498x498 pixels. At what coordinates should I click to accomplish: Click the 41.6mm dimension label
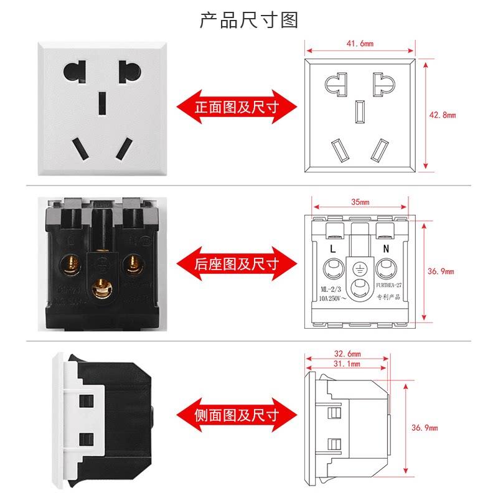359,44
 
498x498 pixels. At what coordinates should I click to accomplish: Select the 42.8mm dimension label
443,115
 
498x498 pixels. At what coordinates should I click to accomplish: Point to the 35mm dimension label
360,202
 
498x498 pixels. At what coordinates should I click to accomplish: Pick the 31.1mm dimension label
346,364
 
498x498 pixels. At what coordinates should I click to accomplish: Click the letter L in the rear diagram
333,248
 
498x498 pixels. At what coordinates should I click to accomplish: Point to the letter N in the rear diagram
386,248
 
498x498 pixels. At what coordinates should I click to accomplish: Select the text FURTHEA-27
390,287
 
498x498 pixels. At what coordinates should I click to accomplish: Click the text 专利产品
390,298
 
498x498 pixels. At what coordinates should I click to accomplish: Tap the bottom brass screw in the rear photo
99,287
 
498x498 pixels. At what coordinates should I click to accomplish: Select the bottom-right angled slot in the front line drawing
378,150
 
